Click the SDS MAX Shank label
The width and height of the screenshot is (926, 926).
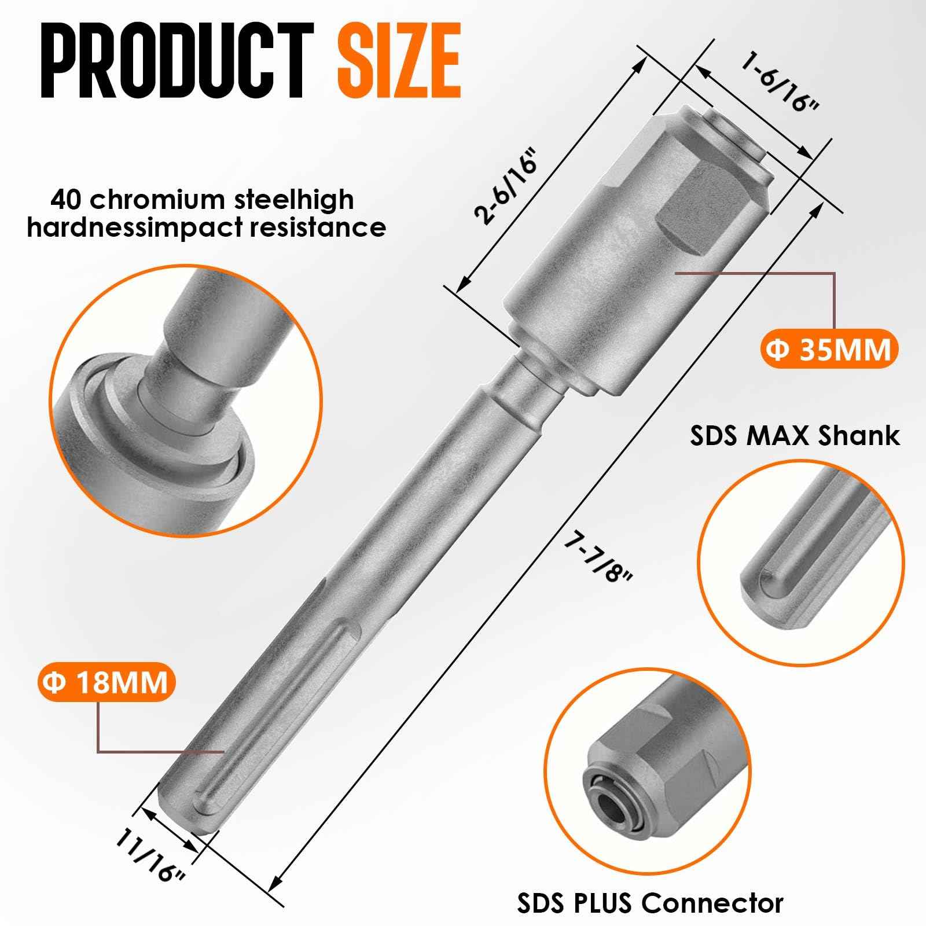[795, 436]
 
